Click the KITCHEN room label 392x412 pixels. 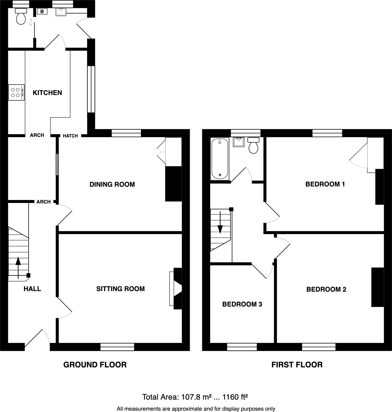pyautogui.click(x=47, y=93)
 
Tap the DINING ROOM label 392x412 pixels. pyautogui.click(x=112, y=185)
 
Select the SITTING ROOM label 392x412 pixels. pyautogui.click(x=120, y=289)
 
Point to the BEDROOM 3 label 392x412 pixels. pyautogui.click(x=242, y=304)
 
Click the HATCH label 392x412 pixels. pyautogui.click(x=70, y=136)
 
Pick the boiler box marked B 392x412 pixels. pyautogui.click(x=42, y=12)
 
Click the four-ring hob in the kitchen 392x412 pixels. pyautogui.click(x=16, y=93)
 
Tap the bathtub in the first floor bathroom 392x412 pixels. pyautogui.click(x=220, y=159)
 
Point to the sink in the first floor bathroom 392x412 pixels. pyautogui.click(x=238, y=142)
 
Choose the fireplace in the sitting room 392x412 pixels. pyautogui.click(x=176, y=289)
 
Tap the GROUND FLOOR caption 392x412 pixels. pyautogui.click(x=95, y=365)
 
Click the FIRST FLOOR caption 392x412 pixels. pyautogui.click(x=297, y=365)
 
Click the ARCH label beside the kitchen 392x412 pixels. pyautogui.click(x=37, y=135)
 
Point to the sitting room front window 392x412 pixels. pyautogui.click(x=117, y=347)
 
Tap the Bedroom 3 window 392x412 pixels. pyautogui.click(x=242, y=347)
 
